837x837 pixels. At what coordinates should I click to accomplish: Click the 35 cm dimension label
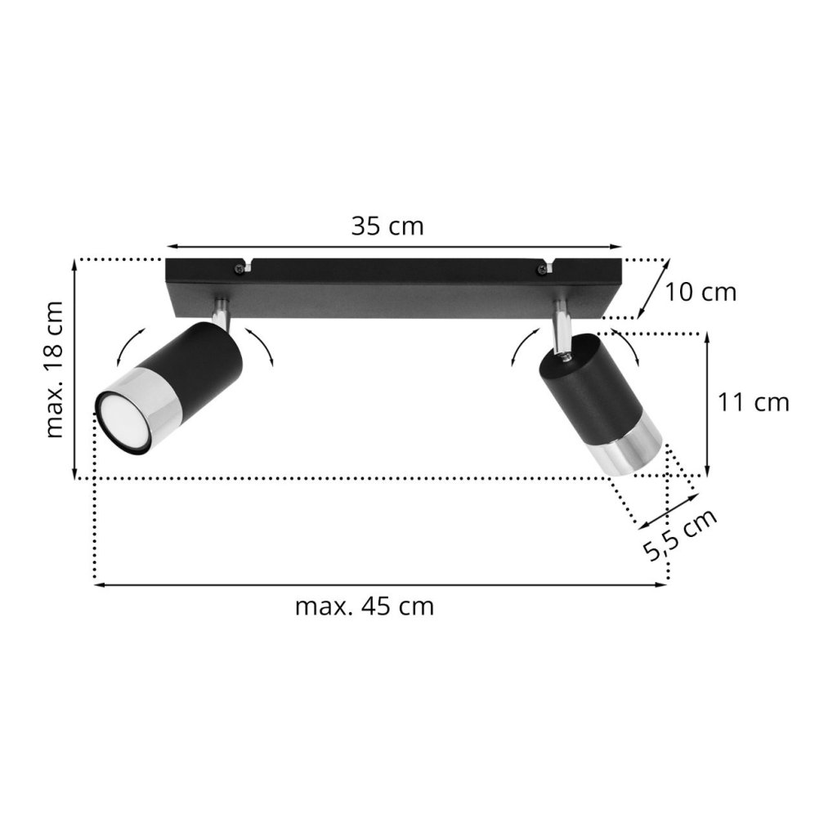(x=387, y=226)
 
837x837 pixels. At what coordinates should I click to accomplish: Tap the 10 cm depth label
(x=700, y=292)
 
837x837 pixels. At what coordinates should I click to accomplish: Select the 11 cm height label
(x=753, y=402)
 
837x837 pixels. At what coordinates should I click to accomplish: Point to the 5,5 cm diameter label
(x=679, y=535)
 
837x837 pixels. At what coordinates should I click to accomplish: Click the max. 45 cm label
(x=365, y=607)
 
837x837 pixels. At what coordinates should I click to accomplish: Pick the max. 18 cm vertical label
(x=55, y=369)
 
